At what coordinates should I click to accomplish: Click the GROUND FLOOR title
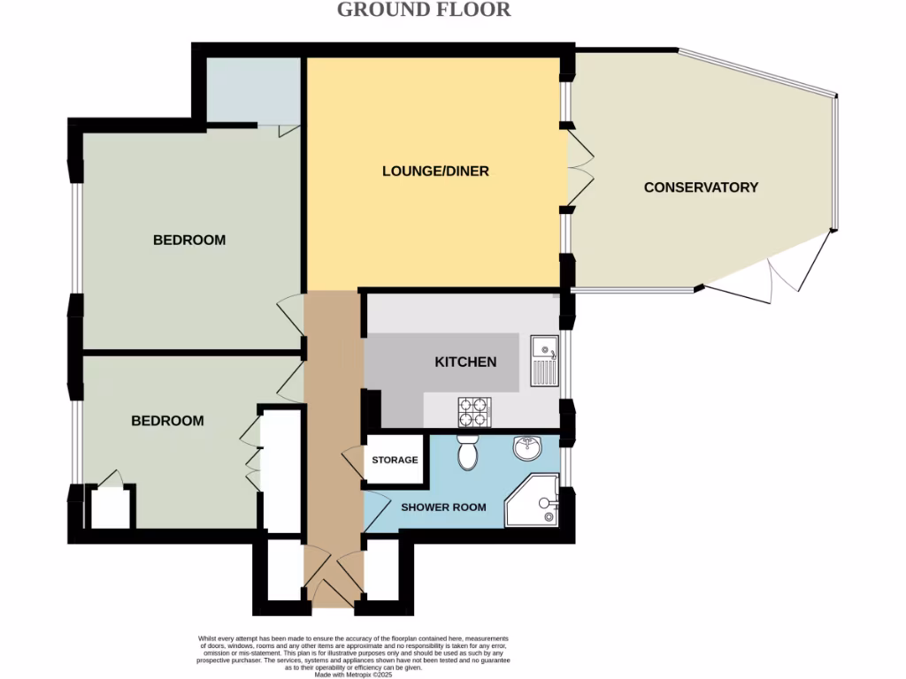(424, 10)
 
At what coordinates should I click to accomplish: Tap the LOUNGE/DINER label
(435, 171)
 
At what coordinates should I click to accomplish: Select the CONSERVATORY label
(701, 187)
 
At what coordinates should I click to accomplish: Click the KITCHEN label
(465, 362)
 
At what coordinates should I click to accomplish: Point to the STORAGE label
(395, 460)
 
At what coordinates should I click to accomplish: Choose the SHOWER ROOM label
(443, 507)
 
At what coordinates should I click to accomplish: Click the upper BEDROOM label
(189, 240)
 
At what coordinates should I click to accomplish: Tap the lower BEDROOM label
(167, 421)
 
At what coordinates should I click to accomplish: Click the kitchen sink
(543, 361)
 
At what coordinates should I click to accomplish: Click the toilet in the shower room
(468, 454)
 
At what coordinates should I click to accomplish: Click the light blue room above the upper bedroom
(255, 89)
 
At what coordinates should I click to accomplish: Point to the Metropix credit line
(352, 675)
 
